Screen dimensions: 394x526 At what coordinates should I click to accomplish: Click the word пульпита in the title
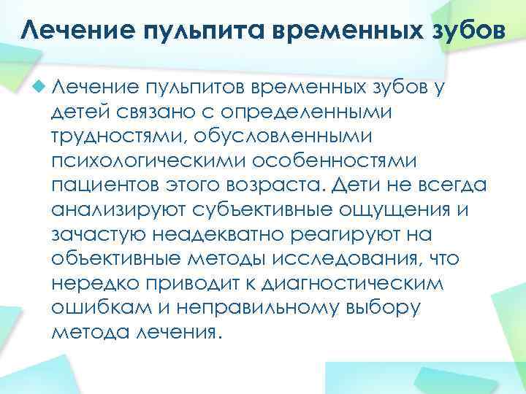pyautogui.click(x=197, y=31)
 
